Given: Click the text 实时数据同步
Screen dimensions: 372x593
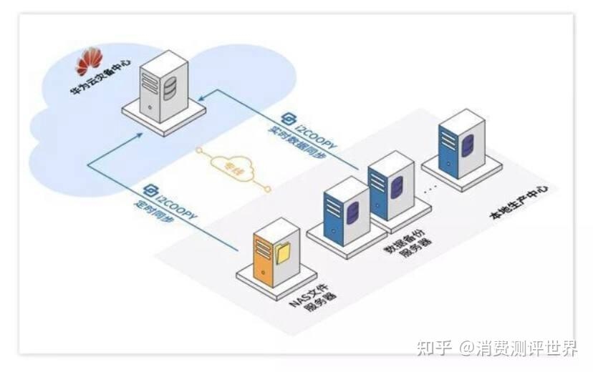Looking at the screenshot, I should [x=301, y=139].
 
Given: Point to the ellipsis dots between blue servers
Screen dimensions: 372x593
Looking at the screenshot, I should [x=429, y=192].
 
